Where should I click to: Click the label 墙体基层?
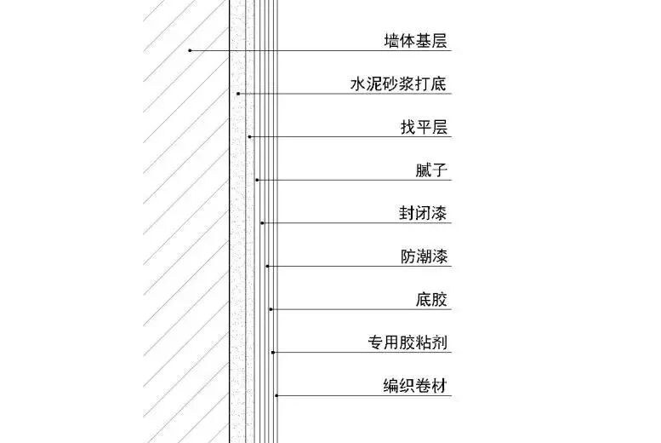pyautogui.click(x=415, y=40)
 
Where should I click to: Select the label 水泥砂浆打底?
pyautogui.click(x=399, y=84)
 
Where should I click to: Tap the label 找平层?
pyautogui.click(x=424, y=128)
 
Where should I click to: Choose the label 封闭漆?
pyautogui.click(x=424, y=213)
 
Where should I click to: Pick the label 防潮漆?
pyautogui.click(x=424, y=256)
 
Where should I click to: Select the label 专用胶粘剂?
pyautogui.click(x=407, y=343)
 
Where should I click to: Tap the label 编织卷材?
pyautogui.click(x=415, y=386)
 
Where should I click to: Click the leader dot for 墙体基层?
pyautogui.click(x=190, y=50)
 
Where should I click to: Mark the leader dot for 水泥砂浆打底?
pyautogui.click(x=238, y=94)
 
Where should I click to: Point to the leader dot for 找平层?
pyautogui.click(x=249, y=136)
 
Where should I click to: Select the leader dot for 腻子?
pyautogui.click(x=257, y=180)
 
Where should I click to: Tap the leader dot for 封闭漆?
pyautogui.click(x=262, y=223)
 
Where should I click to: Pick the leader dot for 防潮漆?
pyautogui.click(x=267, y=267)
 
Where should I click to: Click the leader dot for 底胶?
pyautogui.click(x=271, y=309)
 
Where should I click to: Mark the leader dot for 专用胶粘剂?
pyautogui.click(x=273, y=353)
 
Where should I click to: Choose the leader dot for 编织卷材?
pyautogui.click(x=276, y=395)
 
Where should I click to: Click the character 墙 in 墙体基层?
pyautogui.click(x=391, y=40)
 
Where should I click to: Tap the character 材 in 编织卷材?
pyautogui.click(x=440, y=386)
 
